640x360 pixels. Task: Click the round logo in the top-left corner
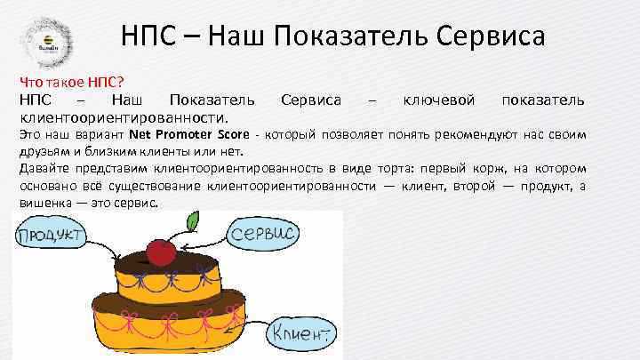point(46,39)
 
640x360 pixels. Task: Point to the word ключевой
point(439,98)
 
